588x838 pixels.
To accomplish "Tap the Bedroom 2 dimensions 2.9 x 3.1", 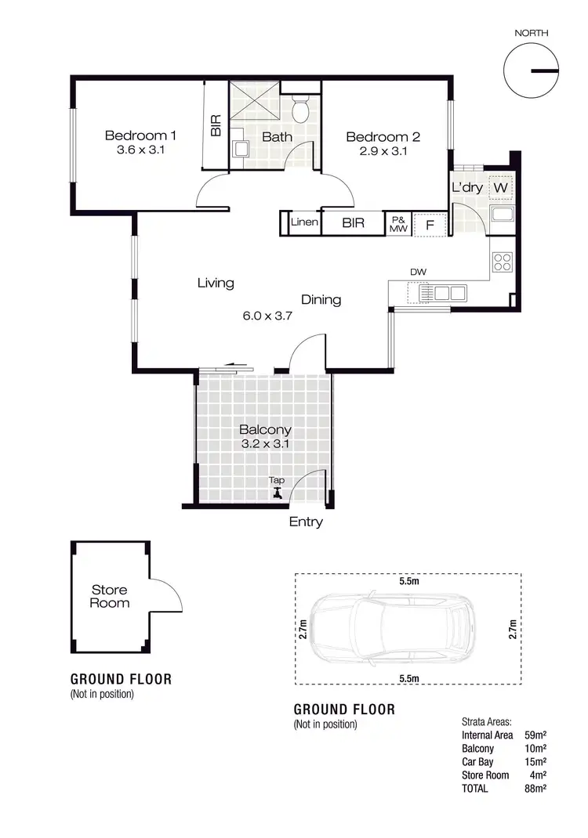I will [383, 151].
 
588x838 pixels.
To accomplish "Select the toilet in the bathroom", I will [300, 110].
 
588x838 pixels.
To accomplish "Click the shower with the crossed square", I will [254, 103].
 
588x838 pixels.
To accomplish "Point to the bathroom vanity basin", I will [241, 149].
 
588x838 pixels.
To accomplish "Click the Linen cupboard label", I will [304, 222].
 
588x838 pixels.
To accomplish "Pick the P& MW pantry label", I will [398, 224].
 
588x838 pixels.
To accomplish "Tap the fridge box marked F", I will [429, 225].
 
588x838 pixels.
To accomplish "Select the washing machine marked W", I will [501, 189].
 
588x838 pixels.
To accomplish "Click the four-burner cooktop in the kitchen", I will [502, 262].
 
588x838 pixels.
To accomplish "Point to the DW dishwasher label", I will [418, 272].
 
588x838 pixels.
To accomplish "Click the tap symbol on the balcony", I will [277, 493].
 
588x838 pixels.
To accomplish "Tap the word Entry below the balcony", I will [306, 522].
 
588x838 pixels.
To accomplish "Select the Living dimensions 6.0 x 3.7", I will [267, 316].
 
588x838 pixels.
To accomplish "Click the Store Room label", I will [109, 596].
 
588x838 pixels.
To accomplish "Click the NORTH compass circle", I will [531, 70].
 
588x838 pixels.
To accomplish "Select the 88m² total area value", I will [535, 789].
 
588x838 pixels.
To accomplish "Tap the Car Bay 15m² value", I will [535, 762].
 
